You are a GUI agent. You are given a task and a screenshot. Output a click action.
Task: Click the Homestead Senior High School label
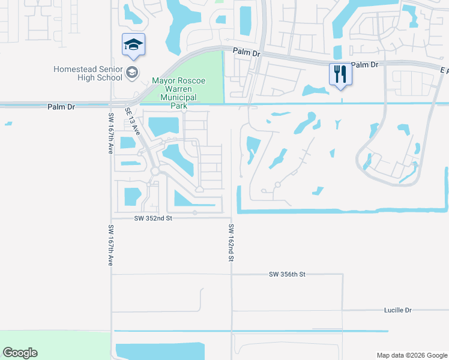point(87,74)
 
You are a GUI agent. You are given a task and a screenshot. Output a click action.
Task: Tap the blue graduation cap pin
point(133,44)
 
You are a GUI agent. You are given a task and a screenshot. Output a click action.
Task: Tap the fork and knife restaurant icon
point(340,74)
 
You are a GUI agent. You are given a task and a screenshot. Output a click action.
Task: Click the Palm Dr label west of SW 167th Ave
point(62,107)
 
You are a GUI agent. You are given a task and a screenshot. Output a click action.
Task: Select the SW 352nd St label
point(154,218)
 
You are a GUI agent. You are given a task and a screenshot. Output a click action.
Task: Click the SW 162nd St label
point(231,243)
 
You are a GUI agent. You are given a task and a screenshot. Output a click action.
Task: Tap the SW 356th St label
point(287,274)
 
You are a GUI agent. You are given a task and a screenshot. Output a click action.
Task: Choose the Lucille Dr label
point(398,310)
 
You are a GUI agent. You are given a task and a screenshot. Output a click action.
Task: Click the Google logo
point(20,353)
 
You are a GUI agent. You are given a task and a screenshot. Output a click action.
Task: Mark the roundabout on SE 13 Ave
point(155,172)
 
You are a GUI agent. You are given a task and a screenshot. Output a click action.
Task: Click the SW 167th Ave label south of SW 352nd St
point(111,245)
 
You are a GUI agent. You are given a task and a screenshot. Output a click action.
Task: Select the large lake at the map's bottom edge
point(168,352)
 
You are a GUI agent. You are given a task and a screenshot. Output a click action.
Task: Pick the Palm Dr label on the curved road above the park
point(248,53)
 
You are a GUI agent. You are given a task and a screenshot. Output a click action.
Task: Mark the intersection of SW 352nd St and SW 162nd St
point(231,218)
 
